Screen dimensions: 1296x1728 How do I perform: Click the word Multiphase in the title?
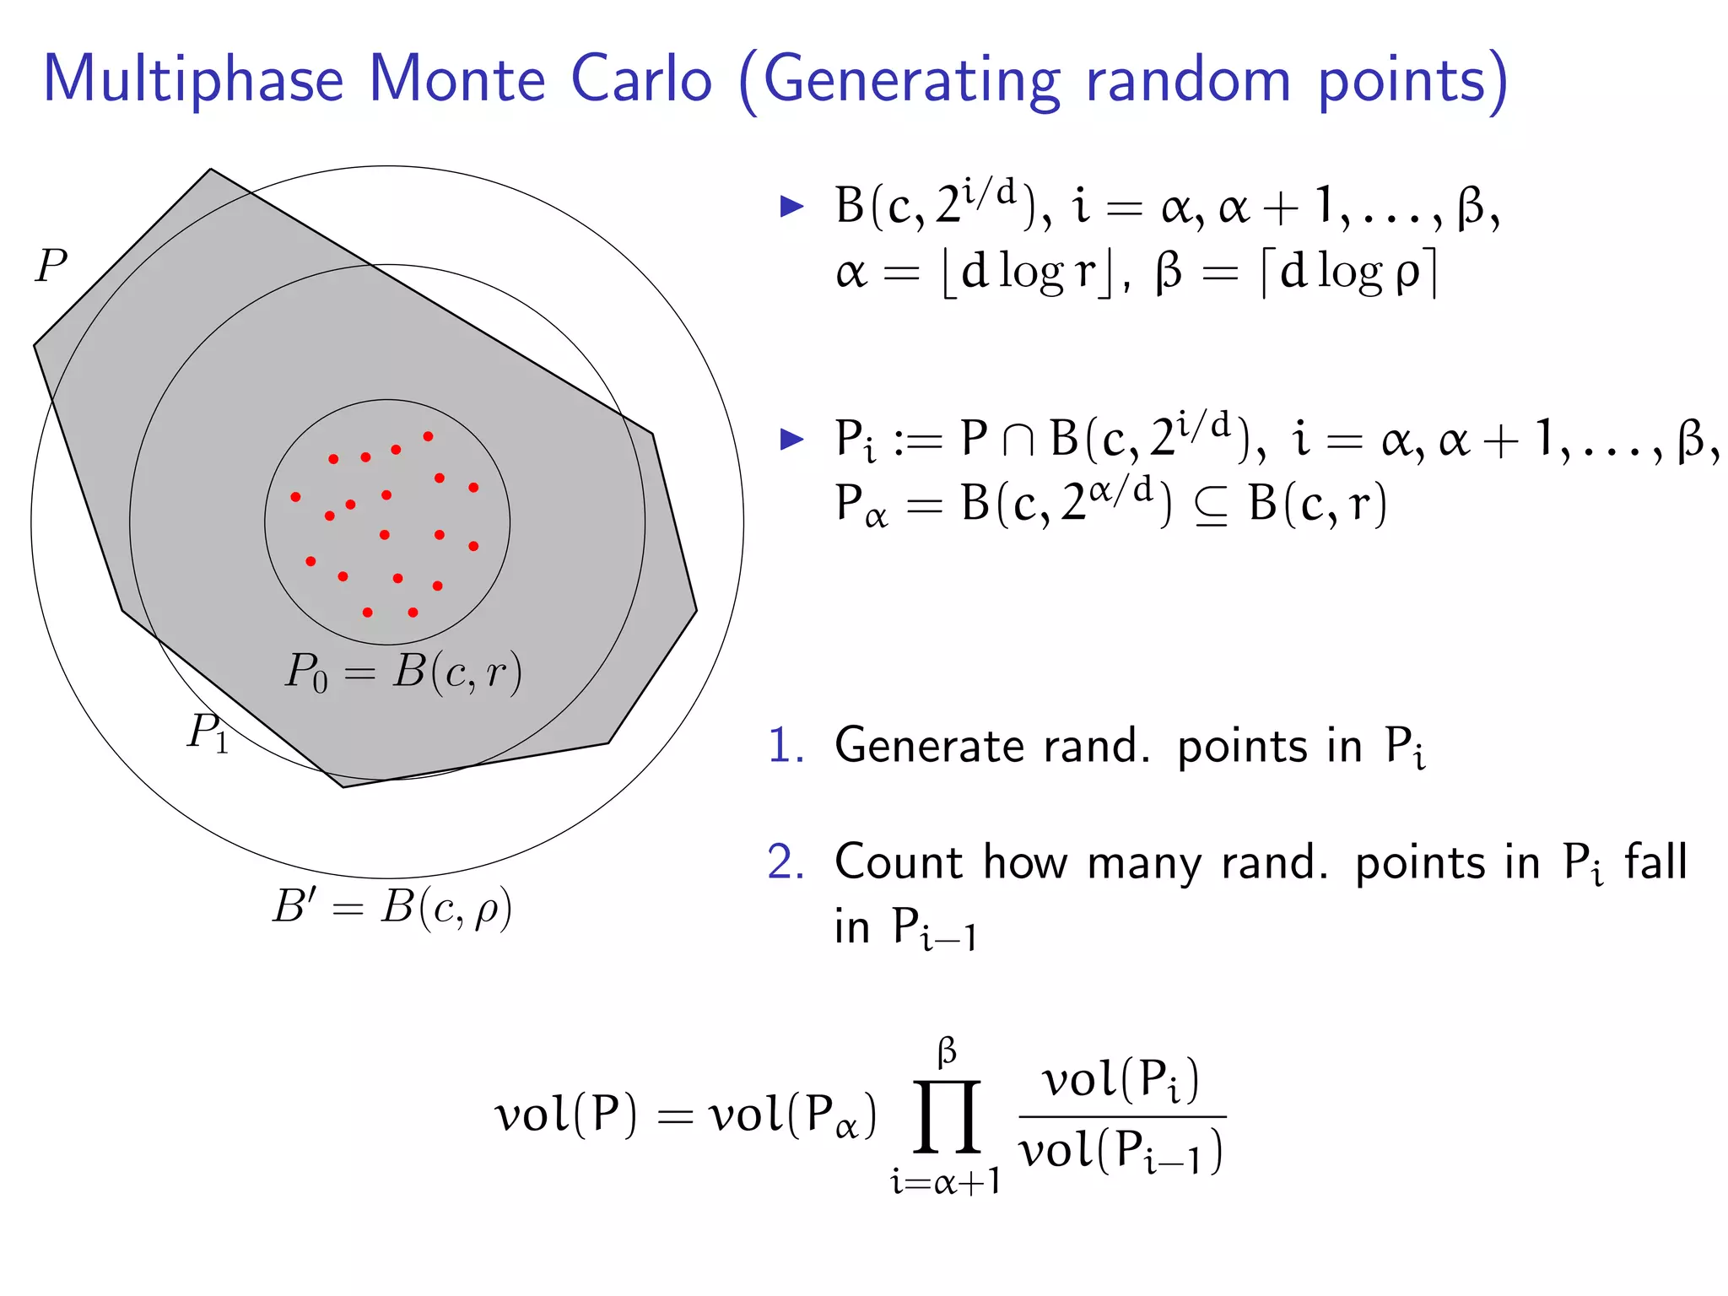click(x=193, y=81)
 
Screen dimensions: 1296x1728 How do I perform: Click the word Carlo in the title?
click(x=641, y=79)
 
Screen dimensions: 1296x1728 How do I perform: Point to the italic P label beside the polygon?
click(x=51, y=267)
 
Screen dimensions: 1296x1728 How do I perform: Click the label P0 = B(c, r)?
click(x=403, y=672)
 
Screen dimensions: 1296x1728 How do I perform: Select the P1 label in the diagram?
click(x=208, y=732)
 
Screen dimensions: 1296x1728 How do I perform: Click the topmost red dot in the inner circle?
click(x=429, y=436)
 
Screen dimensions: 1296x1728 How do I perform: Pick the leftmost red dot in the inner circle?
click(x=295, y=497)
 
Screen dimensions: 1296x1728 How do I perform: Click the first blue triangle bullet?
click(x=791, y=206)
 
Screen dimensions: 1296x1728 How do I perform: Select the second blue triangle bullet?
click(x=791, y=439)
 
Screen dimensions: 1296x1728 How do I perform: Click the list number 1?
click(x=785, y=746)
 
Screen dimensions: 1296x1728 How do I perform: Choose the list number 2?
click(x=785, y=862)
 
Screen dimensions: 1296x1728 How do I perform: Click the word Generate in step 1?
click(x=929, y=747)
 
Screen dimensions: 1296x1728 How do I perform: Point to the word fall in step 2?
click(x=1656, y=861)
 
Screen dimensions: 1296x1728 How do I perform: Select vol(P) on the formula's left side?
click(x=565, y=1115)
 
